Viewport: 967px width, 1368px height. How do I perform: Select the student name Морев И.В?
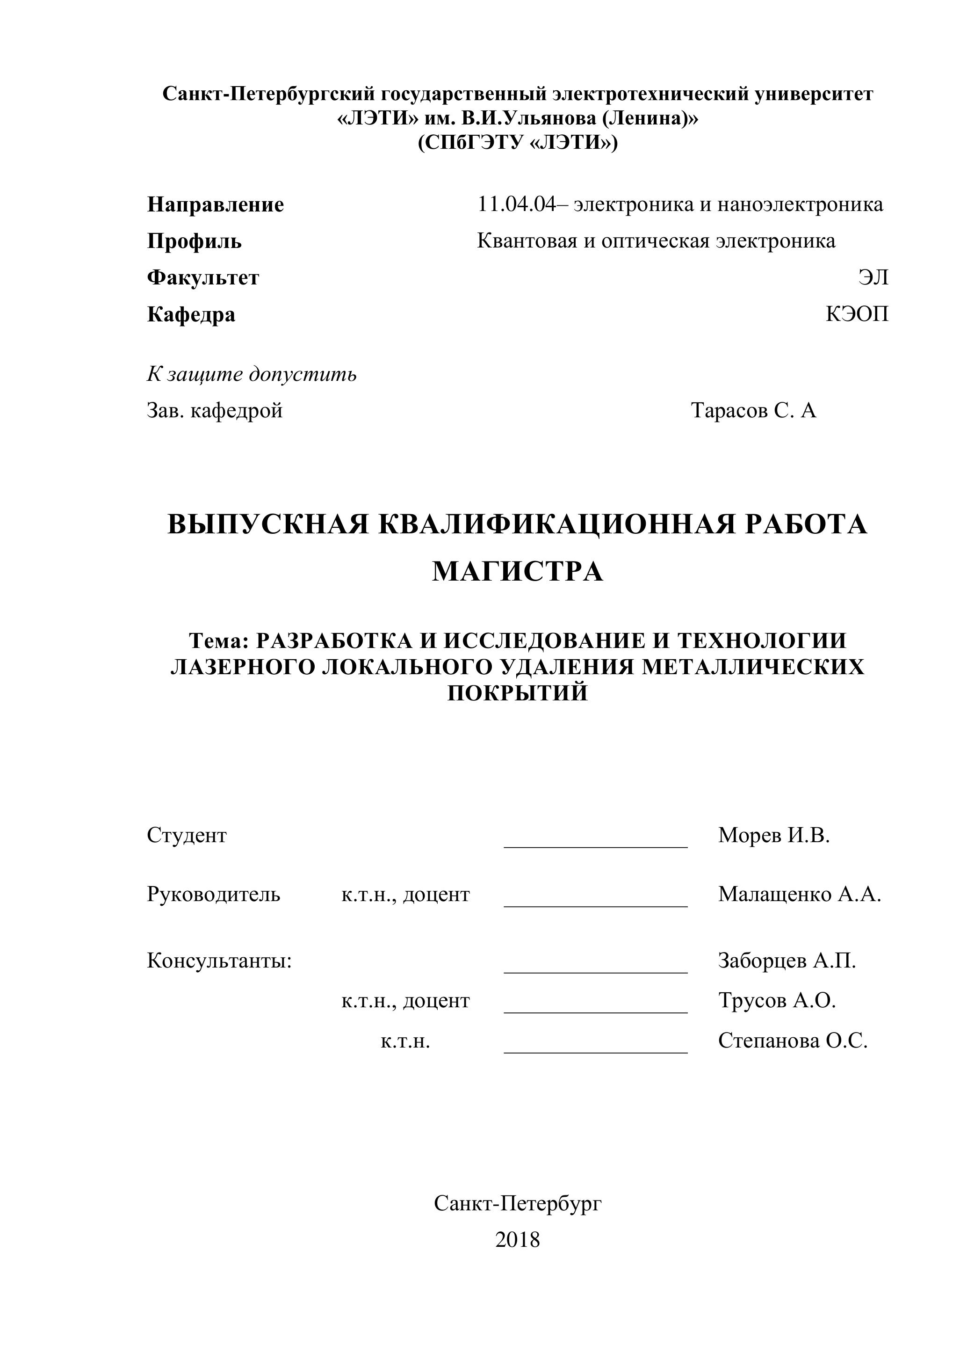773,835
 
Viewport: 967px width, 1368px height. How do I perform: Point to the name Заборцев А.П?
787,961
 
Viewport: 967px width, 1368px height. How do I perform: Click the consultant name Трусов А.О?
777,1000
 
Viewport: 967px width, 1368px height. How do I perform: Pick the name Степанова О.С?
793,1041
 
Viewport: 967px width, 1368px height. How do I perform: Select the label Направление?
216,205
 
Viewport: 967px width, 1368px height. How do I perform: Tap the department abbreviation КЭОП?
857,314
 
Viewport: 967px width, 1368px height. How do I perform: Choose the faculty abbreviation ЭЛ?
873,277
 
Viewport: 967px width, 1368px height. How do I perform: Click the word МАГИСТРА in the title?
518,571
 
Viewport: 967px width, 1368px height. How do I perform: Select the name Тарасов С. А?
753,410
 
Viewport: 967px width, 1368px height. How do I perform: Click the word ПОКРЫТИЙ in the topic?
518,693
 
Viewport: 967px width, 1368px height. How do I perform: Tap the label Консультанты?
219,961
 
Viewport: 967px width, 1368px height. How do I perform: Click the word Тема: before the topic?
218,640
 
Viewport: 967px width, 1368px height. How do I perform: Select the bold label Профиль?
194,241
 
